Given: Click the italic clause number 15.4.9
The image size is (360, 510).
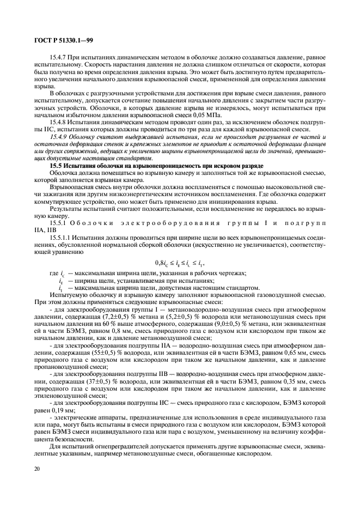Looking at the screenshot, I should [59, 137].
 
